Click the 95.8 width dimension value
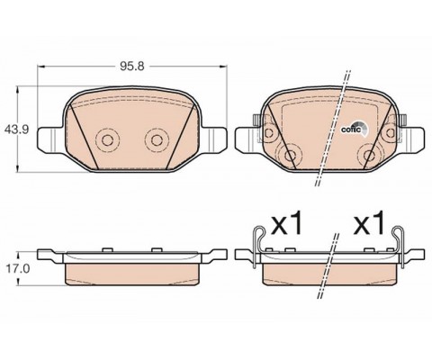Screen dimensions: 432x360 [132, 66]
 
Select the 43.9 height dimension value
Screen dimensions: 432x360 [16, 130]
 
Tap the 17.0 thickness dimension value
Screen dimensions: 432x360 [18, 269]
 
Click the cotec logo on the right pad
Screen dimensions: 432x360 [355, 129]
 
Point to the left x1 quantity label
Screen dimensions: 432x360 [286, 222]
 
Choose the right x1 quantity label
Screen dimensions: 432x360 [369, 222]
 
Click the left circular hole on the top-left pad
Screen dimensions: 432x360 [107, 139]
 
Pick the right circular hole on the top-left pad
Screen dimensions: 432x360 [156, 139]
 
